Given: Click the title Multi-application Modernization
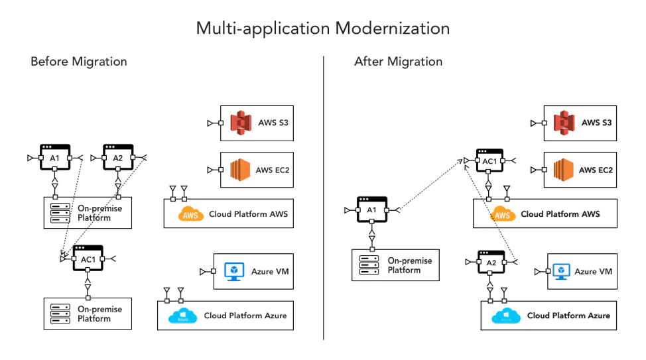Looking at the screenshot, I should coord(323,29).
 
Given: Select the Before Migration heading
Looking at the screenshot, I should coord(78,62).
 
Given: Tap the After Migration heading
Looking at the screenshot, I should coord(398,62).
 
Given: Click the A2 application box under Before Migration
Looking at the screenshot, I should coord(117,157).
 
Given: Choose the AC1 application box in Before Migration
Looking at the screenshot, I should coord(88,259).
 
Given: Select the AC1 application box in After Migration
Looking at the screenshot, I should coord(489,161).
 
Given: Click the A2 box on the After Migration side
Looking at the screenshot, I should coord(491,263).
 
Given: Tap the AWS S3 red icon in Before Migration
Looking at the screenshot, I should coord(241,123).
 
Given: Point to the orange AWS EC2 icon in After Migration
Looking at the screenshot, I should coord(564,170).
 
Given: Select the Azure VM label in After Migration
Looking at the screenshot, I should coord(593,272).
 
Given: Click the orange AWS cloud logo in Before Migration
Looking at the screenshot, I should coord(191,214).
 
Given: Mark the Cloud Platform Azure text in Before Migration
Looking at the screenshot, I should coord(245,316).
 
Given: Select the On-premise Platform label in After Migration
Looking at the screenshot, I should coord(409,265).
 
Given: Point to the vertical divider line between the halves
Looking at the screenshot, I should coord(324,199).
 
